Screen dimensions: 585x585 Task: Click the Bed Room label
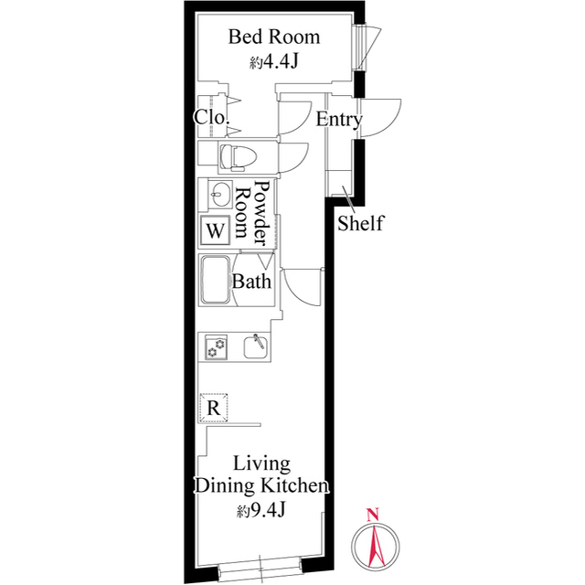274,37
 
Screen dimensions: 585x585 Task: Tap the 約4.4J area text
274,61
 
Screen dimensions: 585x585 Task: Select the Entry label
339,120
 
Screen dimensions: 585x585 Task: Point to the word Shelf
360,223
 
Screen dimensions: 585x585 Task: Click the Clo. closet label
211,118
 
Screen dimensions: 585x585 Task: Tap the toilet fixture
239,157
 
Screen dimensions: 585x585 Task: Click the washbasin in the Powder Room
220,194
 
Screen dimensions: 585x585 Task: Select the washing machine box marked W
216,230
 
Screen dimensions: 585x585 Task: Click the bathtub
216,280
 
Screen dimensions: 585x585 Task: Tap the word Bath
251,281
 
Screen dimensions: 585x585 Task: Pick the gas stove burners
216,347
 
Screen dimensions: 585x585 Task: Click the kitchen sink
256,346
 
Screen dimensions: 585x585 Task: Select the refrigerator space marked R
213,408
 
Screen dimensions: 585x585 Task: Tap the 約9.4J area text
261,510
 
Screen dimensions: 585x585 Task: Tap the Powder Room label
252,210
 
